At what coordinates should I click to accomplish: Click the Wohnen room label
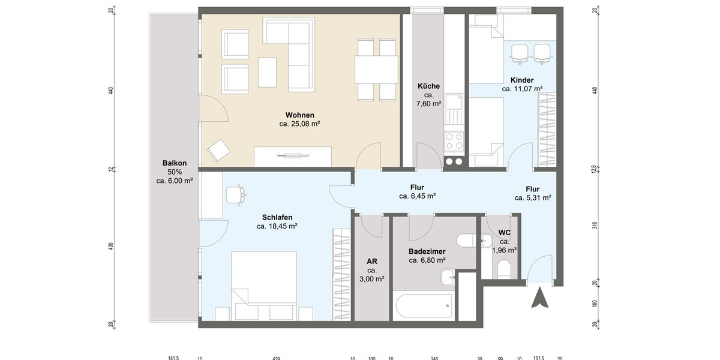pyautogui.click(x=299, y=115)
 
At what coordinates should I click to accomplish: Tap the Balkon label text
pyautogui.click(x=175, y=163)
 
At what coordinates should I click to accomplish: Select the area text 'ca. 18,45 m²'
pyautogui.click(x=277, y=226)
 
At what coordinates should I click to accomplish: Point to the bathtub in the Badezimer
pyautogui.click(x=424, y=307)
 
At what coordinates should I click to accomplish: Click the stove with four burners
pyautogui.click(x=454, y=142)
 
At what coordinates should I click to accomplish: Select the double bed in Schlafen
pyautogui.click(x=264, y=279)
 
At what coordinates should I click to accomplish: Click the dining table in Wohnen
pyautogui.click(x=376, y=69)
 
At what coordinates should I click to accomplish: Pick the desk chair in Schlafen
pyautogui.click(x=236, y=194)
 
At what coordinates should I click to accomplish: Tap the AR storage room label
pyautogui.click(x=372, y=262)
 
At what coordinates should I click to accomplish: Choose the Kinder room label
pyautogui.click(x=522, y=80)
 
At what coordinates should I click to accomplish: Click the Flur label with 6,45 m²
pyautogui.click(x=418, y=187)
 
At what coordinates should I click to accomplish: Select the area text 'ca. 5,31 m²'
pyautogui.click(x=533, y=197)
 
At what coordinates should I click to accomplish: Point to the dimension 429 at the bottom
pyautogui.click(x=276, y=358)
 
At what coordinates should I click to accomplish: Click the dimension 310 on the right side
pyautogui.click(x=595, y=226)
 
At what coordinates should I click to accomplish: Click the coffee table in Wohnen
pyautogui.click(x=268, y=72)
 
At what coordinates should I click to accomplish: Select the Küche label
pyautogui.click(x=429, y=86)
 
